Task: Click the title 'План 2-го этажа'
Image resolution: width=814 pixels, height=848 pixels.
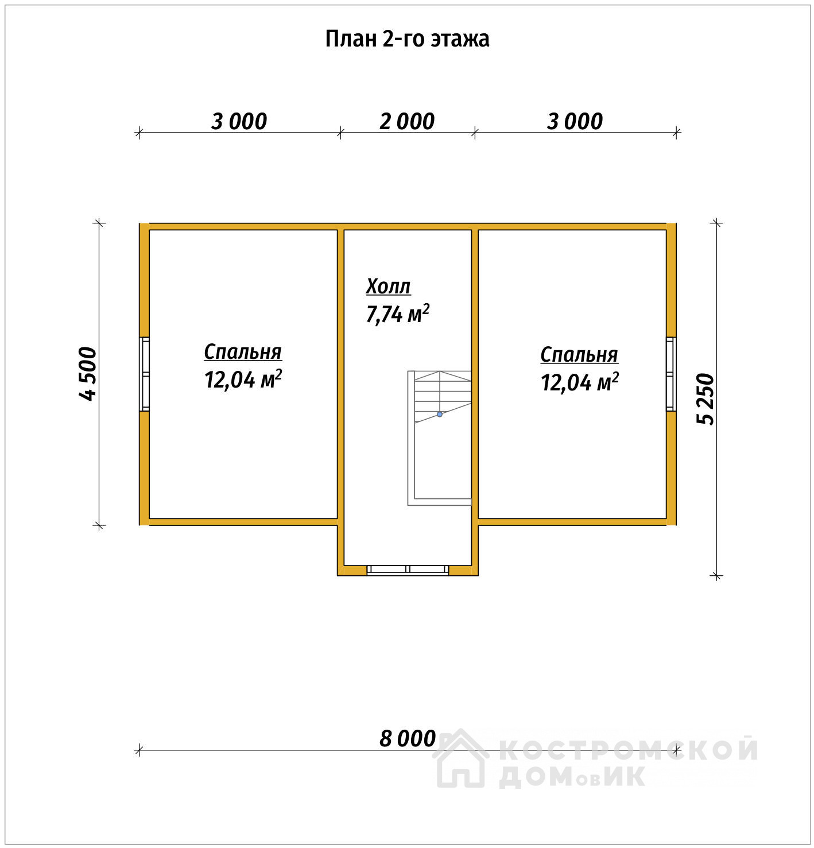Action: click(x=407, y=39)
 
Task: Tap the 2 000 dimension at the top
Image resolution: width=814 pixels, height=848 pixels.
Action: click(x=407, y=122)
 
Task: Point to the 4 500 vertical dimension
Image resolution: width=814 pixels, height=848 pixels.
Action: click(x=88, y=373)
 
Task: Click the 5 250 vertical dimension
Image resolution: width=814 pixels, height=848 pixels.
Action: click(x=706, y=399)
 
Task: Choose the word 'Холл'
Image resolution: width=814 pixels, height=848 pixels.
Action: click(x=388, y=286)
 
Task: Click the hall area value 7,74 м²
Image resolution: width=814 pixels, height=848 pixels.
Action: click(x=398, y=313)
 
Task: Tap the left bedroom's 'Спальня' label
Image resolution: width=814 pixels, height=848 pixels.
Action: click(x=243, y=352)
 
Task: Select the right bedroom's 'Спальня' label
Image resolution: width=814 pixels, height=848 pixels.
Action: click(x=579, y=355)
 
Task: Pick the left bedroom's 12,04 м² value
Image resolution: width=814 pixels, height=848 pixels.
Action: click(x=243, y=379)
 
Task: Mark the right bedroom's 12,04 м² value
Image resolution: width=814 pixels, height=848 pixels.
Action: click(x=580, y=382)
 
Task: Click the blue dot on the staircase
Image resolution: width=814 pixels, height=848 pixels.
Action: click(x=440, y=415)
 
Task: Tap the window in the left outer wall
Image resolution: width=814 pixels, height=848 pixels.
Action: click(x=145, y=374)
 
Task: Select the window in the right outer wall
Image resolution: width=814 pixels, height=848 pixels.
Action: click(x=671, y=374)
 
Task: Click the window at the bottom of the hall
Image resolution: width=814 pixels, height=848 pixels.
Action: click(x=408, y=570)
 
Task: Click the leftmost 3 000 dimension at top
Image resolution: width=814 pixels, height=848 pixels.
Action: click(x=239, y=122)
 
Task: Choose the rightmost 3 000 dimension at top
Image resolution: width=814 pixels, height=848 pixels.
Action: click(x=575, y=122)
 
